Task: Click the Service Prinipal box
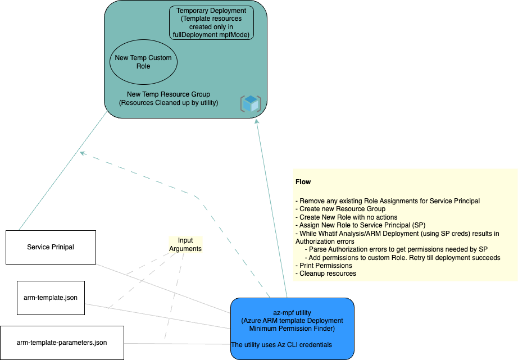click(x=51, y=247)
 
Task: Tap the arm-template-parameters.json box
click(x=62, y=343)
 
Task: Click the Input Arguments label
click(x=185, y=244)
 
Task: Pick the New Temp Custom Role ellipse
click(x=143, y=62)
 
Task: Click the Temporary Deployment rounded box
click(x=211, y=23)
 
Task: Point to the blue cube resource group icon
click(x=251, y=103)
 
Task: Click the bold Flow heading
click(x=303, y=182)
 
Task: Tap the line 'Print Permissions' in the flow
click(x=325, y=266)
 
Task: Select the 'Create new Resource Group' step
click(x=342, y=209)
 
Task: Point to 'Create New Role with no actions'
click(x=348, y=217)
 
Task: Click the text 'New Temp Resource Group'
click(x=168, y=94)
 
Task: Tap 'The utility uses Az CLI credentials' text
click(x=281, y=344)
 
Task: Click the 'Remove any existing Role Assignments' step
click(x=388, y=201)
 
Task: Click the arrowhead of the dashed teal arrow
click(x=82, y=152)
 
